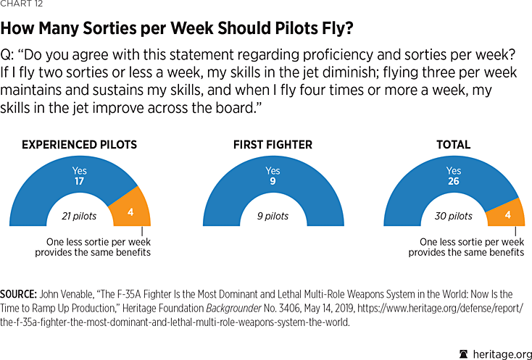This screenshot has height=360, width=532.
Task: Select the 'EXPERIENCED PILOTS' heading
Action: [x=79, y=145]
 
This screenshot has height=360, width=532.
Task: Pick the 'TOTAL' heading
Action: [x=453, y=145]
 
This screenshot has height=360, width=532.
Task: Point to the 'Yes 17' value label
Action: [x=79, y=177]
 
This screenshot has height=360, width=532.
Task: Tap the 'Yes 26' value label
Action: [x=453, y=177]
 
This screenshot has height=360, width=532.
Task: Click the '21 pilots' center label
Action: [x=79, y=216]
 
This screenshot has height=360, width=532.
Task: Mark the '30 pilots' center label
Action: [x=453, y=216]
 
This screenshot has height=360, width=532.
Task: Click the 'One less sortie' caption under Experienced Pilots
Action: [x=93, y=246]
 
